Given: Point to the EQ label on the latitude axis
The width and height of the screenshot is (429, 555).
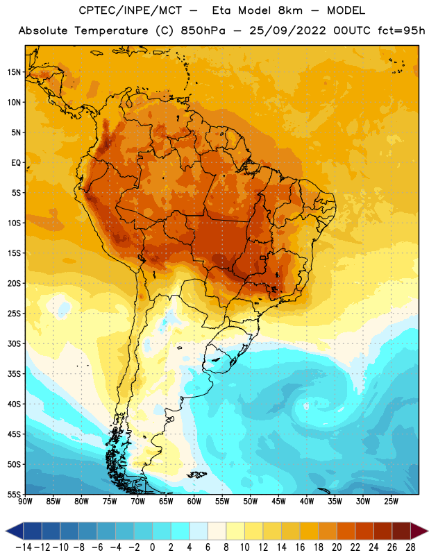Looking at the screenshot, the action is pyautogui.click(x=17, y=163).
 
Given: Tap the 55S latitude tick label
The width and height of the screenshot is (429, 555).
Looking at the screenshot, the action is pyautogui.click(x=15, y=494).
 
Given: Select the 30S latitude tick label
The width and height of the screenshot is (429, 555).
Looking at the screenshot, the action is pyautogui.click(x=15, y=343).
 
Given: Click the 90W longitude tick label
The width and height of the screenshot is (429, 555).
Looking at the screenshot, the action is pyautogui.click(x=25, y=502).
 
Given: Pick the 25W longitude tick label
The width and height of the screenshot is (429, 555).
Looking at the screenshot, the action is pyautogui.click(x=391, y=502).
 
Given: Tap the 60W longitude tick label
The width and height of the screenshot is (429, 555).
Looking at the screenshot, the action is pyautogui.click(x=194, y=502).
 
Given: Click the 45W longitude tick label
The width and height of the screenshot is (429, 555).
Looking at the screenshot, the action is pyautogui.click(x=278, y=502).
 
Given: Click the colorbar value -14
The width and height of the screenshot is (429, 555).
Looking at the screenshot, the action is pyautogui.click(x=24, y=547).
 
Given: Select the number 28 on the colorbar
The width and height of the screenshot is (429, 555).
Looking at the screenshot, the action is pyautogui.click(x=410, y=547).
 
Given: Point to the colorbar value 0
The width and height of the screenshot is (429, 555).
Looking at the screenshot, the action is pyautogui.click(x=153, y=547).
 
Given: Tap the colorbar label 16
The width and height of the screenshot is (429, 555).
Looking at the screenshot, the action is pyautogui.click(x=300, y=547).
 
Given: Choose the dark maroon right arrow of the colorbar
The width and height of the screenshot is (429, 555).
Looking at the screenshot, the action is pyautogui.click(x=419, y=531).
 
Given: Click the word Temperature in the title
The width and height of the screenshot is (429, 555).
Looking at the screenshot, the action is pyautogui.click(x=111, y=31).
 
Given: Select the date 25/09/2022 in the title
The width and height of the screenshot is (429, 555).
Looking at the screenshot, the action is pyautogui.click(x=287, y=31).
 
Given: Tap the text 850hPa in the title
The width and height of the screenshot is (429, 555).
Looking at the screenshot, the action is pyautogui.click(x=203, y=31).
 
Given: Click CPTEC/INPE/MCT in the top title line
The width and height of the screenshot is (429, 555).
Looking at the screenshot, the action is pyautogui.click(x=131, y=10).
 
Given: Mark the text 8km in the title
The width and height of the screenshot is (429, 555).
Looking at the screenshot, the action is pyautogui.click(x=290, y=10).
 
